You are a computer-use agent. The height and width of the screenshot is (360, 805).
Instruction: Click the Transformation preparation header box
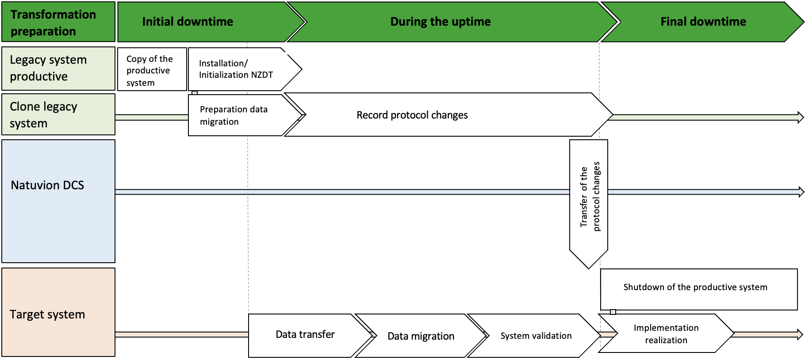(58, 22)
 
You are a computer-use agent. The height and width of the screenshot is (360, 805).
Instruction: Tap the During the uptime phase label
(440, 22)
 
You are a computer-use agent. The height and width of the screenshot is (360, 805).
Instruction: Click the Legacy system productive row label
(58, 69)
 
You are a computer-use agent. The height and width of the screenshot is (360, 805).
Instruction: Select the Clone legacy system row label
(58, 115)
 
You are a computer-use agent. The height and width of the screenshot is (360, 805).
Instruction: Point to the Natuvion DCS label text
(47, 185)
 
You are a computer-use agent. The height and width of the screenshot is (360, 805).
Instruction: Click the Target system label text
(47, 314)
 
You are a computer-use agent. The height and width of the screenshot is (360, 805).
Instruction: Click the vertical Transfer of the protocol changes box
(589, 197)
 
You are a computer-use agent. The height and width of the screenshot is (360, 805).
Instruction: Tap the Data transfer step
(305, 335)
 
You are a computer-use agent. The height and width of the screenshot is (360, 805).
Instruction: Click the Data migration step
(421, 336)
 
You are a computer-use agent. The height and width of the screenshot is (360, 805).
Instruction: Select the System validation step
(536, 336)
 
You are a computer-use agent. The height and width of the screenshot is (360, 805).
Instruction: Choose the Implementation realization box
(666, 334)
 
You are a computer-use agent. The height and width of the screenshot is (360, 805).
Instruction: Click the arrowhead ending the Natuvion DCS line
(801, 192)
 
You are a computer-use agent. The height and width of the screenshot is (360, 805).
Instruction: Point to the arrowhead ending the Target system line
(800, 334)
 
